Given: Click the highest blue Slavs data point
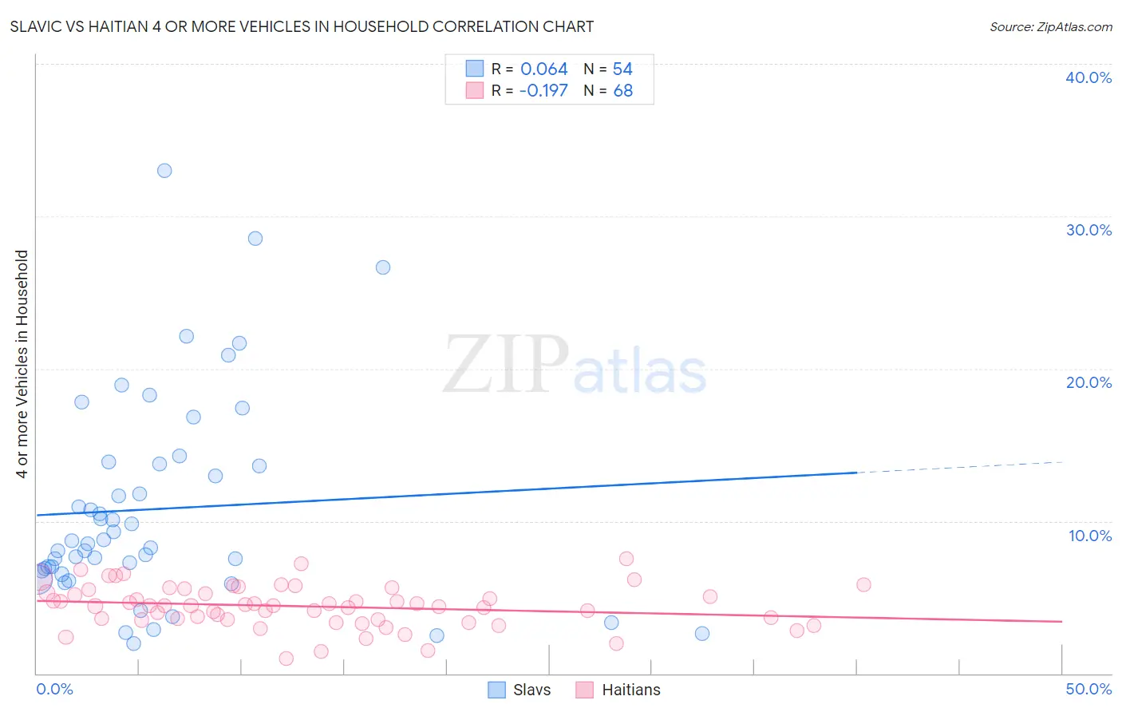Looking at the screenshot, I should (x=164, y=170).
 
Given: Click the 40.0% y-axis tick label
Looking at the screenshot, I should (x=1088, y=77).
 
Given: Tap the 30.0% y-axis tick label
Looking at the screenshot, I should (x=1088, y=230).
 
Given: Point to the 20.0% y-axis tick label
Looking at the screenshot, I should (x=1088, y=382).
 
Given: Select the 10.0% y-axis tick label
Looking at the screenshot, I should (x=1090, y=536).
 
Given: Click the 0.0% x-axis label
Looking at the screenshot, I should (x=54, y=689).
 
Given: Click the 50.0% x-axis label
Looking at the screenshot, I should (x=1088, y=689).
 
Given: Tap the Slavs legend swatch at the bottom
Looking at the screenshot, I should (x=496, y=690).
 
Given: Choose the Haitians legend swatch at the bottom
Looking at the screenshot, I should (x=585, y=690).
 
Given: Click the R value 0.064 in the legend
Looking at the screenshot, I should (x=544, y=69).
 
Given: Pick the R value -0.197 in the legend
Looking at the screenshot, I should (x=543, y=91).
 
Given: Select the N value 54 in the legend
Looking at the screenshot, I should (x=622, y=69).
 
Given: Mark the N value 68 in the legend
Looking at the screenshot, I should (x=622, y=91).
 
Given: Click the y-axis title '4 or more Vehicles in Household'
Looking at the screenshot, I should (x=22, y=364).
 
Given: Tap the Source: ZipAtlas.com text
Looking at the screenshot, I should (x=1050, y=27).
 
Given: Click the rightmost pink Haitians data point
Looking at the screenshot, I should (x=863, y=584).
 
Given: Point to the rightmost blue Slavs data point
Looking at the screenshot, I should (x=702, y=633).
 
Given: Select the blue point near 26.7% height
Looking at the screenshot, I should (x=383, y=267).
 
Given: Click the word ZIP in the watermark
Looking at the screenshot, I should (x=506, y=365).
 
